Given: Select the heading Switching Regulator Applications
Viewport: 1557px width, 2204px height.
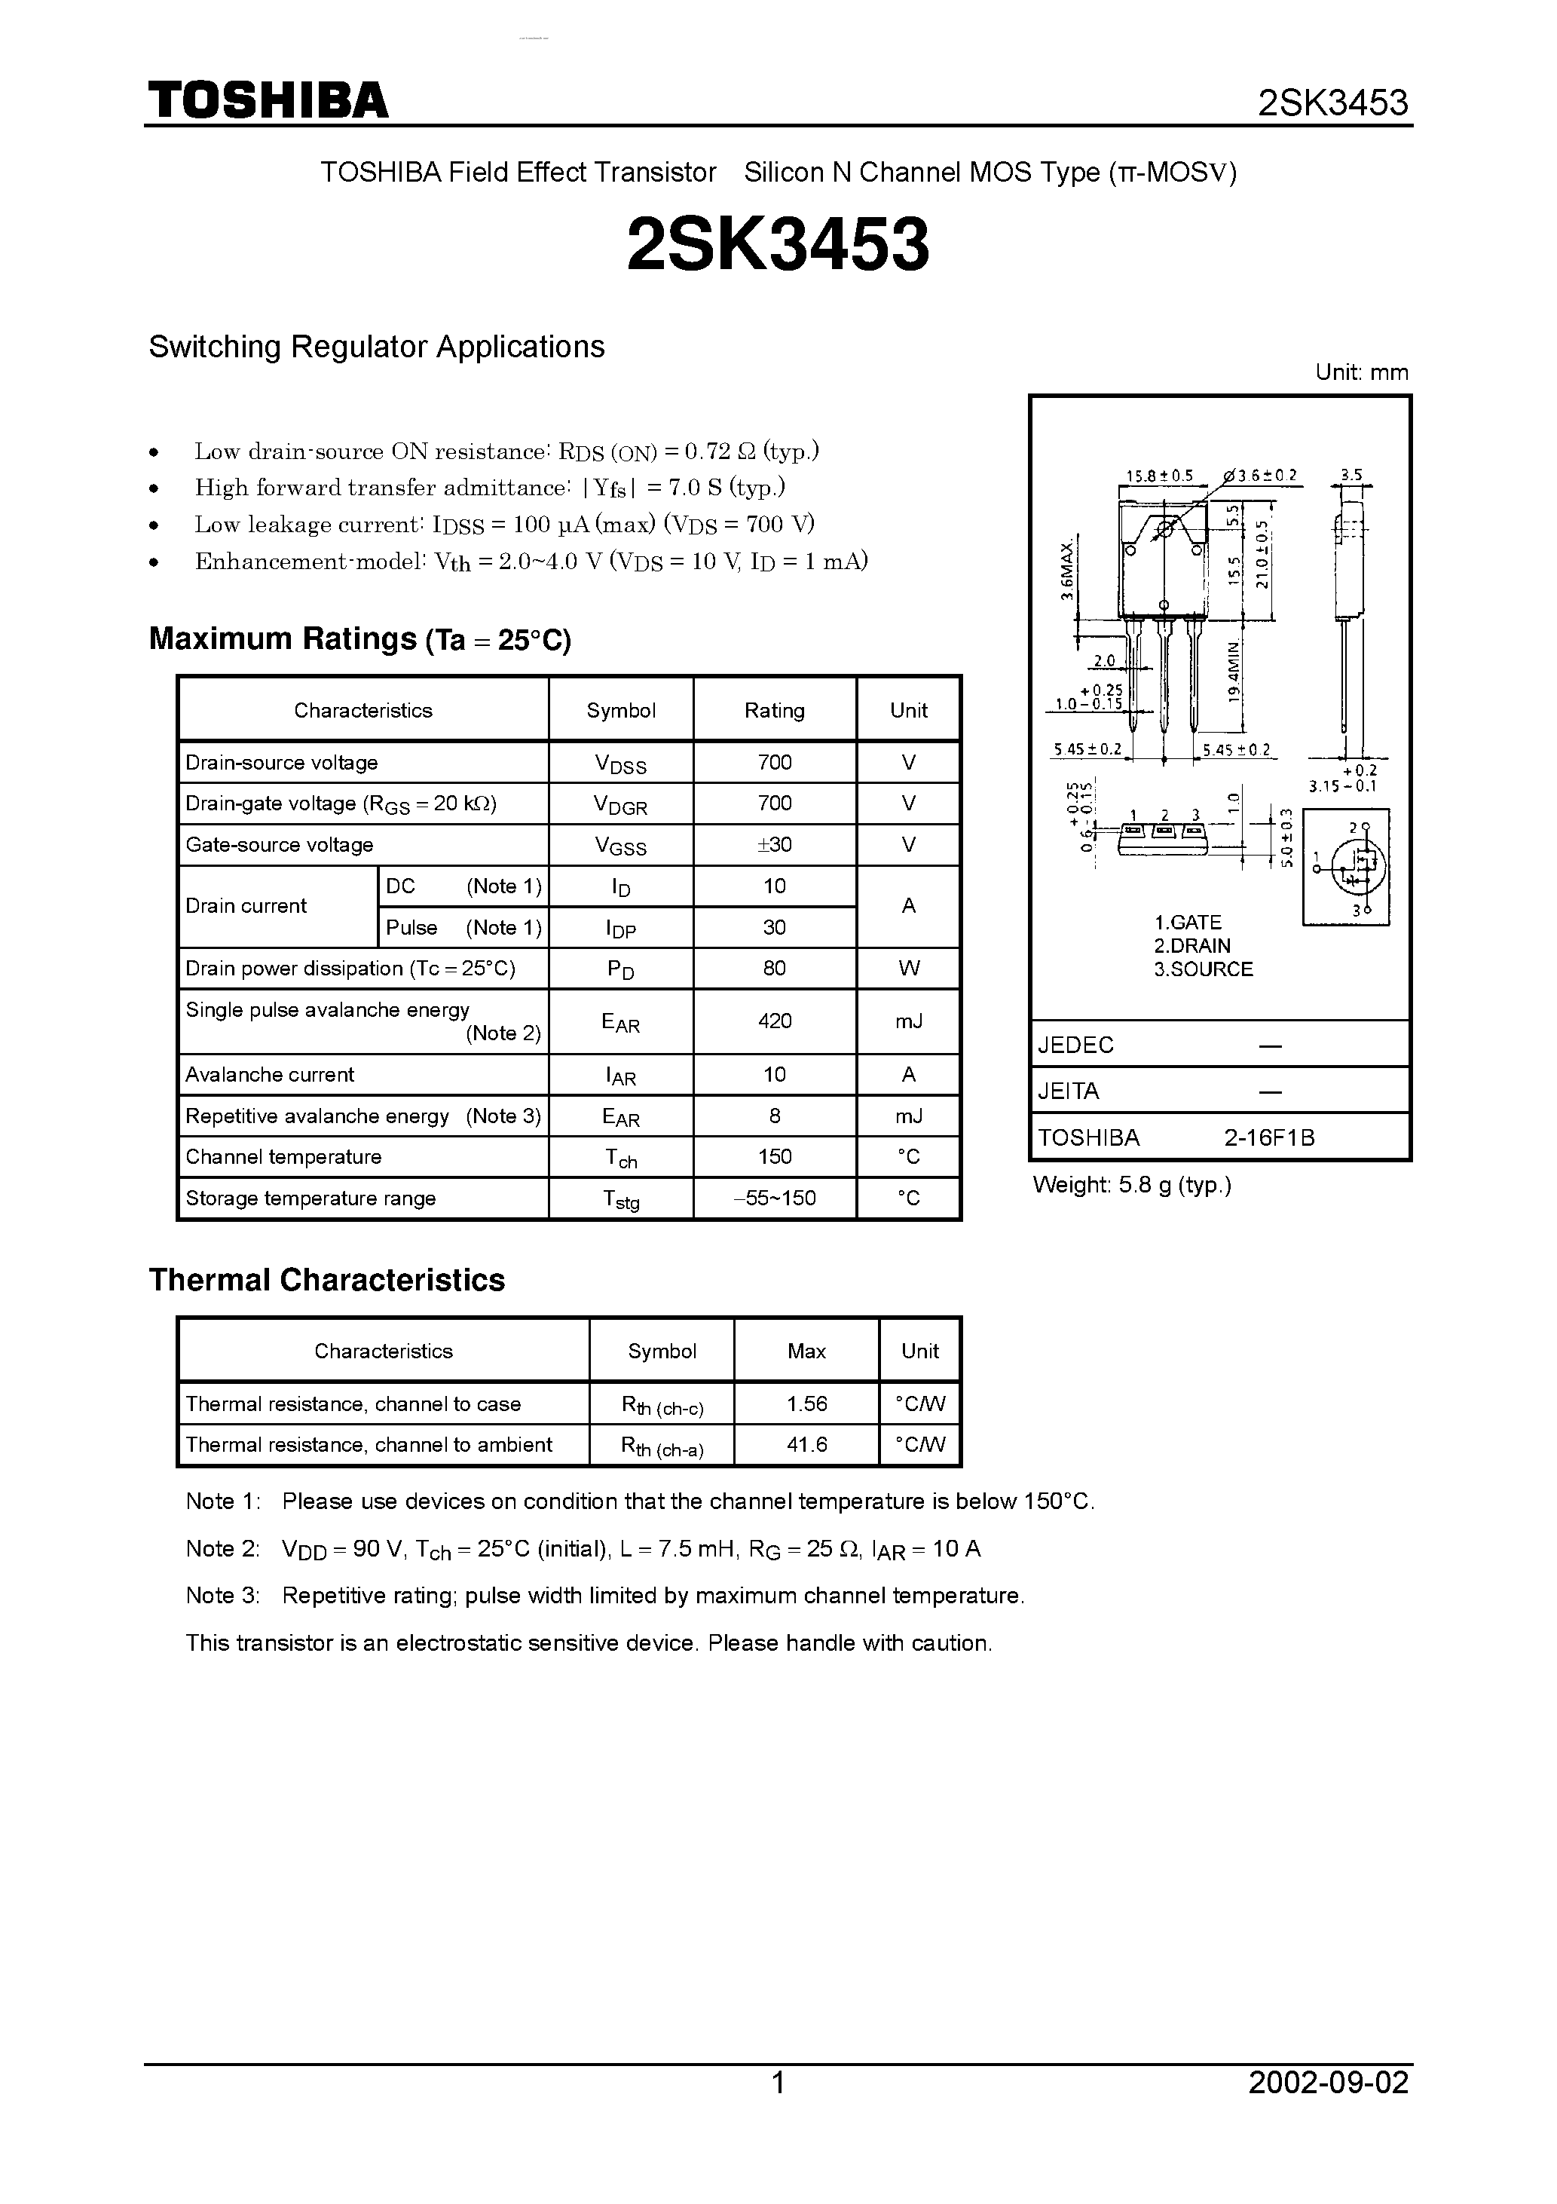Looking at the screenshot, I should point(376,347).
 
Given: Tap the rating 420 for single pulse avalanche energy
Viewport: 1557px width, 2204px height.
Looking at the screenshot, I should point(774,1021).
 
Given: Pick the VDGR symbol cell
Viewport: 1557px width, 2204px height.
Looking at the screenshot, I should point(620,804).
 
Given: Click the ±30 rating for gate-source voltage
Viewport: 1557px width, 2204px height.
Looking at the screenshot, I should point(774,845).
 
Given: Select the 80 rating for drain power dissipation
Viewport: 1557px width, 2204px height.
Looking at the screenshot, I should point(774,968).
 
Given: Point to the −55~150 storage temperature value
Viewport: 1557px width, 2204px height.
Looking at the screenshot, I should point(774,1198).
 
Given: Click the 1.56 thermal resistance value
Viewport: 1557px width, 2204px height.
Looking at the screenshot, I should point(806,1404).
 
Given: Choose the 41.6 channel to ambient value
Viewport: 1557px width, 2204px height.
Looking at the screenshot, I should point(806,1445).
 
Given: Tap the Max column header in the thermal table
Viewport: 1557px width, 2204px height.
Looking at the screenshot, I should point(806,1351).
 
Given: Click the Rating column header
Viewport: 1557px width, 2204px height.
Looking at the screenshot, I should point(774,710).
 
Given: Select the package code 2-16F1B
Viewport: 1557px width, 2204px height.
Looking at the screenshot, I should point(1268,1137).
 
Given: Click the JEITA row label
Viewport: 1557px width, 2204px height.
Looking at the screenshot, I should point(1067,1091).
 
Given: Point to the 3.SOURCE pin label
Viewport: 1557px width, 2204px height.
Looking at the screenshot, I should point(1203,969).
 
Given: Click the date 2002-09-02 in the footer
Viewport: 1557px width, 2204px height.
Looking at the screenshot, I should point(1328,2110).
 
